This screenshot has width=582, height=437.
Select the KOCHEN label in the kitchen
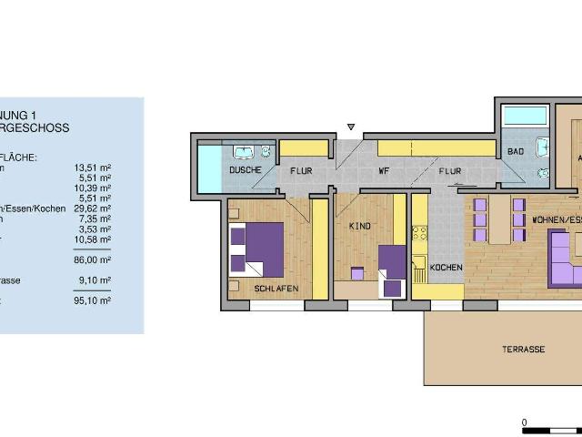[x=447, y=267]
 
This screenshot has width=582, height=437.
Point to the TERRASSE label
[x=523, y=350]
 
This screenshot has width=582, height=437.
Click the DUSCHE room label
[x=246, y=170]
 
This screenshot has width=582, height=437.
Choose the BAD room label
[x=516, y=151]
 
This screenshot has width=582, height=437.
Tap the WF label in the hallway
[x=385, y=170]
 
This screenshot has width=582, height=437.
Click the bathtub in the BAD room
[x=524, y=116]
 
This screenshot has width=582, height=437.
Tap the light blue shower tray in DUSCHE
[x=209, y=168]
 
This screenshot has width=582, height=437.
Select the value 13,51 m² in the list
[x=92, y=168]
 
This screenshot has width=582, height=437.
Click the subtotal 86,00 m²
[x=92, y=259]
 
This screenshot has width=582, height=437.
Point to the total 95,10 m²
[x=92, y=300]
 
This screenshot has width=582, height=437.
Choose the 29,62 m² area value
[x=92, y=208]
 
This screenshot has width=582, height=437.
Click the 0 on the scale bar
[x=524, y=422]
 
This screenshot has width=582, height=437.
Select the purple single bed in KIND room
[x=392, y=269]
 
